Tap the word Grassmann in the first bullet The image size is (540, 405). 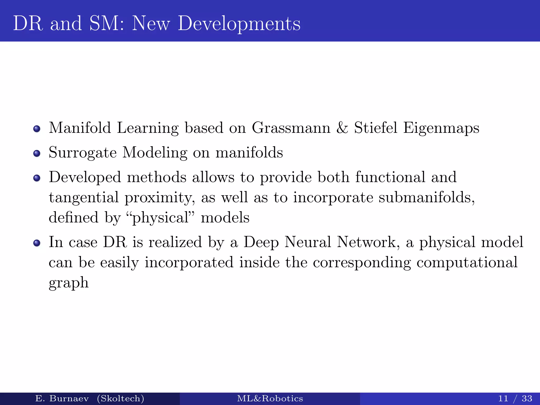pos(291,128)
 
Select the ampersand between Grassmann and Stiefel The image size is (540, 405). pos(342,128)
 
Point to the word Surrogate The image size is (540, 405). pos(83,153)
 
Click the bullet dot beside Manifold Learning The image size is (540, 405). pos(37,129)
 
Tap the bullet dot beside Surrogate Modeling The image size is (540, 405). pos(37,153)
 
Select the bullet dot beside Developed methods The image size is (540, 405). pos(37,178)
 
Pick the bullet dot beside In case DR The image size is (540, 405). pos(37,243)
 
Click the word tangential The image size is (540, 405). pos(84,198)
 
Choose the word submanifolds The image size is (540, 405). pos(426,197)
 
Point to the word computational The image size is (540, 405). pos(467,263)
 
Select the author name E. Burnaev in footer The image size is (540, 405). pos(62,398)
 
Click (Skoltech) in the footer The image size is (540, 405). pos(120,398)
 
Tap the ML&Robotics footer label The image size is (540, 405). pos(270,398)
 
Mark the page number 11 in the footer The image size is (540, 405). pos(503,398)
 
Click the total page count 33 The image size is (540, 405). pos(527,398)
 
